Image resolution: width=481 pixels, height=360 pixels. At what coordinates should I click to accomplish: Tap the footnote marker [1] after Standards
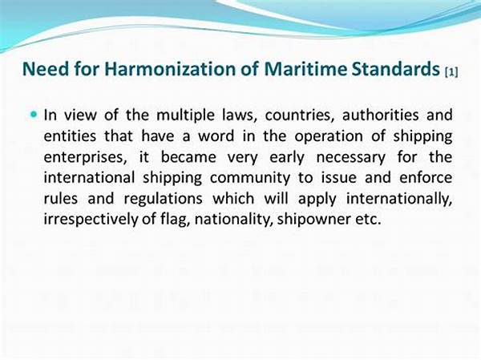451,72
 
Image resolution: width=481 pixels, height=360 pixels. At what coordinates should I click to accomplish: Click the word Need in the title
46,69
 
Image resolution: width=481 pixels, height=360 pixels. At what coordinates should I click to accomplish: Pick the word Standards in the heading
396,69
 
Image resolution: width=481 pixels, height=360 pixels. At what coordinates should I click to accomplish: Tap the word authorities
380,115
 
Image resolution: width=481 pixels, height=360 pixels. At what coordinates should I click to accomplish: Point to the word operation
329,137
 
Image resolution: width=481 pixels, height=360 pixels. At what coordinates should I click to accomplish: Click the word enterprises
85,158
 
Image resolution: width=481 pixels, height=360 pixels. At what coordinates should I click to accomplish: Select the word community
250,178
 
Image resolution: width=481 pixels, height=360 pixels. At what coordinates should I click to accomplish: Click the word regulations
164,200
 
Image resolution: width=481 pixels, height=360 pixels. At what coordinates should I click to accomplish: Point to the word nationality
234,220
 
